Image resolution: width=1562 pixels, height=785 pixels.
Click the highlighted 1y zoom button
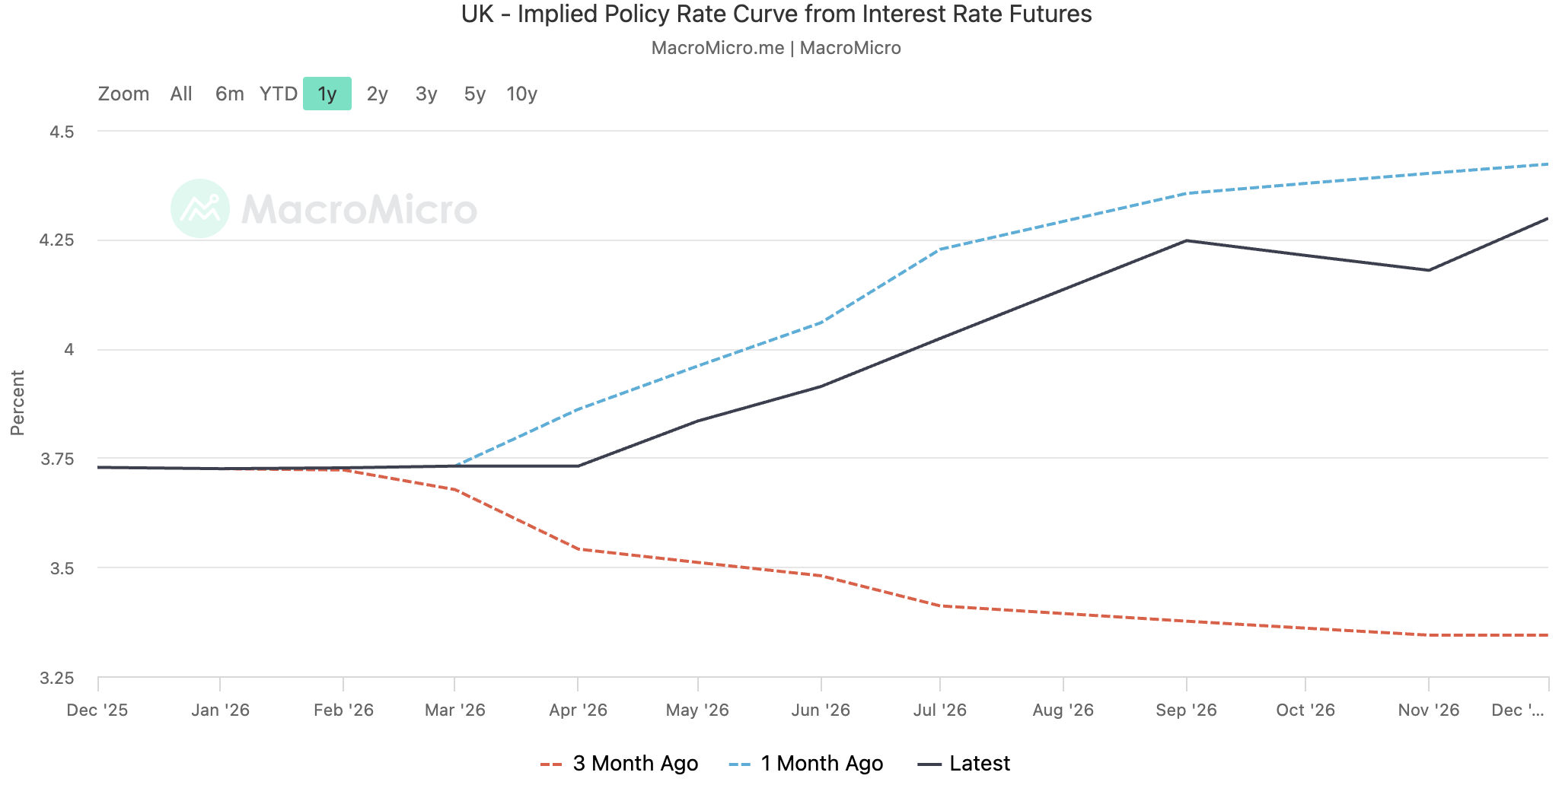(x=327, y=94)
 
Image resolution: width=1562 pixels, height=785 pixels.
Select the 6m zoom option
(x=229, y=94)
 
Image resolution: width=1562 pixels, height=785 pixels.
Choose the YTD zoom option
(x=279, y=94)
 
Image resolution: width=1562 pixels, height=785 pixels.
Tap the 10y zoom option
(x=521, y=94)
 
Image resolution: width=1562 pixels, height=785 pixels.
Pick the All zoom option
(x=181, y=94)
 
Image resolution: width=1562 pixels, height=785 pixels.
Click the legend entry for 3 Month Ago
(x=619, y=763)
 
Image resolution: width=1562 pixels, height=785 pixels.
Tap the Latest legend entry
(x=964, y=763)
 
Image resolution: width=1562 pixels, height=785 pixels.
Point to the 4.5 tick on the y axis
(x=62, y=132)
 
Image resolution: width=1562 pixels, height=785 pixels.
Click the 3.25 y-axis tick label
(x=57, y=678)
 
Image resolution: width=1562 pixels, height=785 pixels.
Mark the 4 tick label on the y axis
(x=69, y=350)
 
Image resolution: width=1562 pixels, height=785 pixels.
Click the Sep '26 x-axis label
(x=1186, y=710)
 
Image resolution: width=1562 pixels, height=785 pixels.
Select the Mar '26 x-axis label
(x=454, y=710)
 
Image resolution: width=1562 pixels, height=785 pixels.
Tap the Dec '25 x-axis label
(x=97, y=710)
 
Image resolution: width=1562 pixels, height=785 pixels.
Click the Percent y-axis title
(x=18, y=403)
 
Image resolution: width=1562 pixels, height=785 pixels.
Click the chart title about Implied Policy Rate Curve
(x=776, y=14)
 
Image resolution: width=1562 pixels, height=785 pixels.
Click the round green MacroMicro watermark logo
(x=200, y=208)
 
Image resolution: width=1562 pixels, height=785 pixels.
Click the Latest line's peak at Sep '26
(x=1187, y=240)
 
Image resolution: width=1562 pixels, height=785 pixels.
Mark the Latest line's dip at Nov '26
(x=1429, y=270)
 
